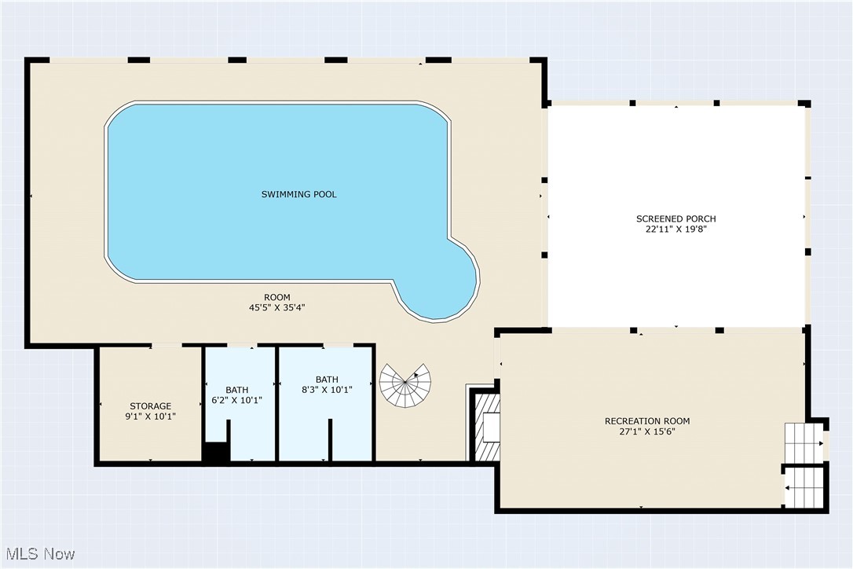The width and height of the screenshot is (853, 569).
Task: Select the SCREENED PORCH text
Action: coord(675,218)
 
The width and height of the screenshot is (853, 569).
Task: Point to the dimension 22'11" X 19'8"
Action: coord(675,229)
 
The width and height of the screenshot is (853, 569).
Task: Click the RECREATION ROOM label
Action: coord(647,421)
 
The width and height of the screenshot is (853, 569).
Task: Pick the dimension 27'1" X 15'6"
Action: coord(647,432)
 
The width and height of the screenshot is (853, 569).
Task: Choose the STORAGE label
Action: coord(150,406)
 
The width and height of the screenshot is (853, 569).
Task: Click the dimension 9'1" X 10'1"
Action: coord(150,417)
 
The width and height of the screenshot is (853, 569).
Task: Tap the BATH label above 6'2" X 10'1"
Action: coord(236,390)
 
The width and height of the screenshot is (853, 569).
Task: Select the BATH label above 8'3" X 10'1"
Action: coord(327,379)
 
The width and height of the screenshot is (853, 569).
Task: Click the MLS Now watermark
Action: coord(38,553)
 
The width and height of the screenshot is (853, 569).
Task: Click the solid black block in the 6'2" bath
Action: coord(214,453)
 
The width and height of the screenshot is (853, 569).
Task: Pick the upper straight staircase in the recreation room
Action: coord(800,442)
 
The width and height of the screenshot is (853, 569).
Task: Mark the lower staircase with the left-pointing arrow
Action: coord(802,487)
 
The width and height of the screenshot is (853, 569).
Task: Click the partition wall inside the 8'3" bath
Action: coord(330,440)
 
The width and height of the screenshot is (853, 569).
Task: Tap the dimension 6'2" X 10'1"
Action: coord(236,400)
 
